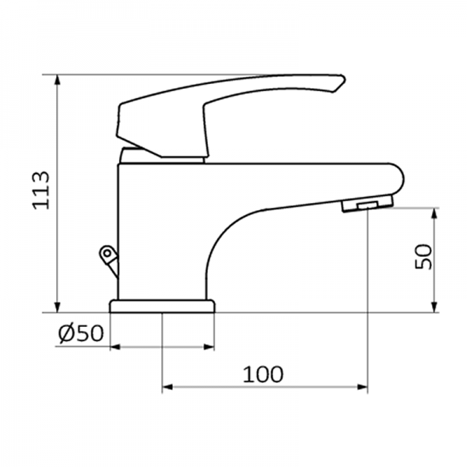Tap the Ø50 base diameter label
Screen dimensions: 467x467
(x=80, y=333)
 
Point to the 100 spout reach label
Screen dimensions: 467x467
(x=262, y=374)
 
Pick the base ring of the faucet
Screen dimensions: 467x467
(x=162, y=306)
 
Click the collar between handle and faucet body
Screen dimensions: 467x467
(x=162, y=156)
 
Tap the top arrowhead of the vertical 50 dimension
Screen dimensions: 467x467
(x=434, y=212)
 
